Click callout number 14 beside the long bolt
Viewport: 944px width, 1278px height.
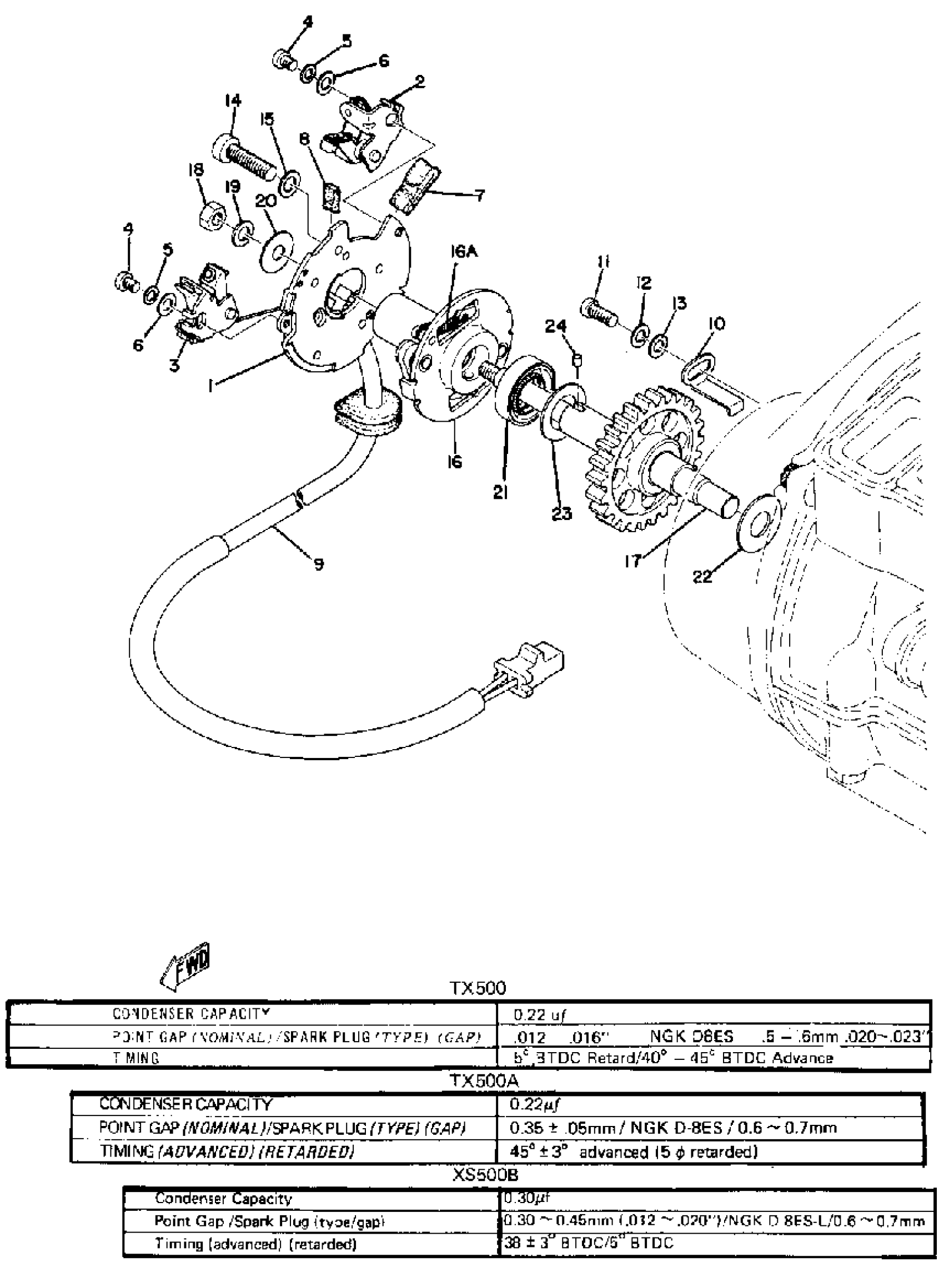[x=233, y=102]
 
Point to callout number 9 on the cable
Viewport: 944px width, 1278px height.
[x=318, y=564]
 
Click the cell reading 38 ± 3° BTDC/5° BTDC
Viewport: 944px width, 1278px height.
[x=589, y=1242]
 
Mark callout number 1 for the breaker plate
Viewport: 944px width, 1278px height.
[x=212, y=387]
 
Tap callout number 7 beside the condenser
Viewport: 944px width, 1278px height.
[x=479, y=195]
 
